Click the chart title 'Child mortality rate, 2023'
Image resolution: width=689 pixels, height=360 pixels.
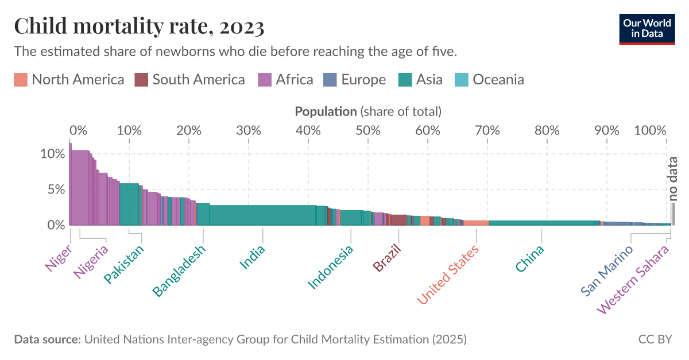coord(139,26)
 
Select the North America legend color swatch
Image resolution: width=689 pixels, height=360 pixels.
coord(21,80)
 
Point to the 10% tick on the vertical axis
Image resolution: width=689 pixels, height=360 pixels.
coord(52,154)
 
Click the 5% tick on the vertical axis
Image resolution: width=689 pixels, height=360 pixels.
coord(56,189)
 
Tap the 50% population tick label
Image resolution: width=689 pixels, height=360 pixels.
coord(368,130)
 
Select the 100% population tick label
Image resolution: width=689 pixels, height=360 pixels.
coord(650,130)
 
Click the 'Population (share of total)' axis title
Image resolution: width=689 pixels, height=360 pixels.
coord(367,111)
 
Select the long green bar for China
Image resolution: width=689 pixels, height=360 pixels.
coord(543,223)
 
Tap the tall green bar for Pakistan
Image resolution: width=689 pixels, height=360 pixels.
coord(129,204)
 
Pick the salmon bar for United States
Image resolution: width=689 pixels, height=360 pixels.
coord(476,223)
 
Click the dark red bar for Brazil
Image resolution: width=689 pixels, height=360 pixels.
coord(398,220)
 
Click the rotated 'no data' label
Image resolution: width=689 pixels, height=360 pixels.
coord(673,178)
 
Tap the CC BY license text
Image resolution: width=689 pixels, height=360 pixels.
coord(655,339)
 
